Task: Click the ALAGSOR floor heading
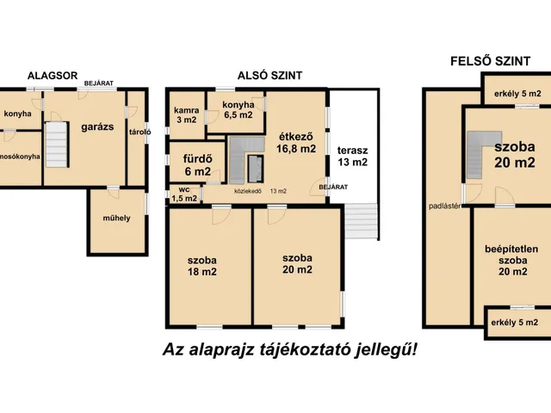coord(53,76)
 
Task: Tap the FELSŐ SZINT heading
coord(490,61)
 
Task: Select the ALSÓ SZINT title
coord(269,76)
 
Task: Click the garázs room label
coord(97,126)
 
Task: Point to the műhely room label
coord(117,218)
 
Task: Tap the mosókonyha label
coord(20,157)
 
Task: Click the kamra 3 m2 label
coord(187,114)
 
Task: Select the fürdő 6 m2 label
coord(198,165)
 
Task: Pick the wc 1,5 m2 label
coord(184,194)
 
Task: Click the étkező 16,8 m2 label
coord(296,143)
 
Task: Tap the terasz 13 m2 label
coord(352,157)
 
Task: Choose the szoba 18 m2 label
coord(202,266)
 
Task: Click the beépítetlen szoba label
coord(513,260)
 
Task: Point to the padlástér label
coord(444,206)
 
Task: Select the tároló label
coord(139,132)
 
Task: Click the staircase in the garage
coord(57,145)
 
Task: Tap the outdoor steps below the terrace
coord(361,221)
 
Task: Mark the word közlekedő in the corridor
coord(248,191)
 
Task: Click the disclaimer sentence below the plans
coord(290,349)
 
